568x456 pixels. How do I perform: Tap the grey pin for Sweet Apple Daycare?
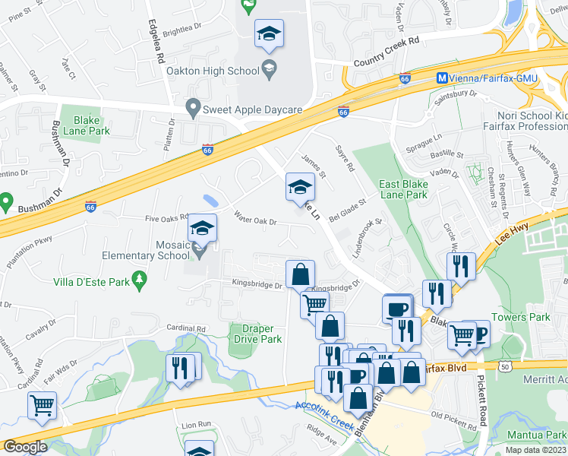(193, 109)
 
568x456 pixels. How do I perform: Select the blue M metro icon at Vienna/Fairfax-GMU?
(441, 78)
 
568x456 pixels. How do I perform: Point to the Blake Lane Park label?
(92, 125)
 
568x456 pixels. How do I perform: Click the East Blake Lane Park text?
(404, 189)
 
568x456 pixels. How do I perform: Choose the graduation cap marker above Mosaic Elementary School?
(202, 228)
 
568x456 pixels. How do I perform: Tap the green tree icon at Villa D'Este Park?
(139, 281)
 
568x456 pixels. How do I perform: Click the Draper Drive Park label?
(257, 334)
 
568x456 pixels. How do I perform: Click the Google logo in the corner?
(24, 446)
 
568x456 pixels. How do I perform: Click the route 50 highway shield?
(505, 366)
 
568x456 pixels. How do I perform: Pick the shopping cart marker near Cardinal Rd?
(42, 404)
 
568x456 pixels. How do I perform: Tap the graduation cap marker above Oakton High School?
(268, 34)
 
